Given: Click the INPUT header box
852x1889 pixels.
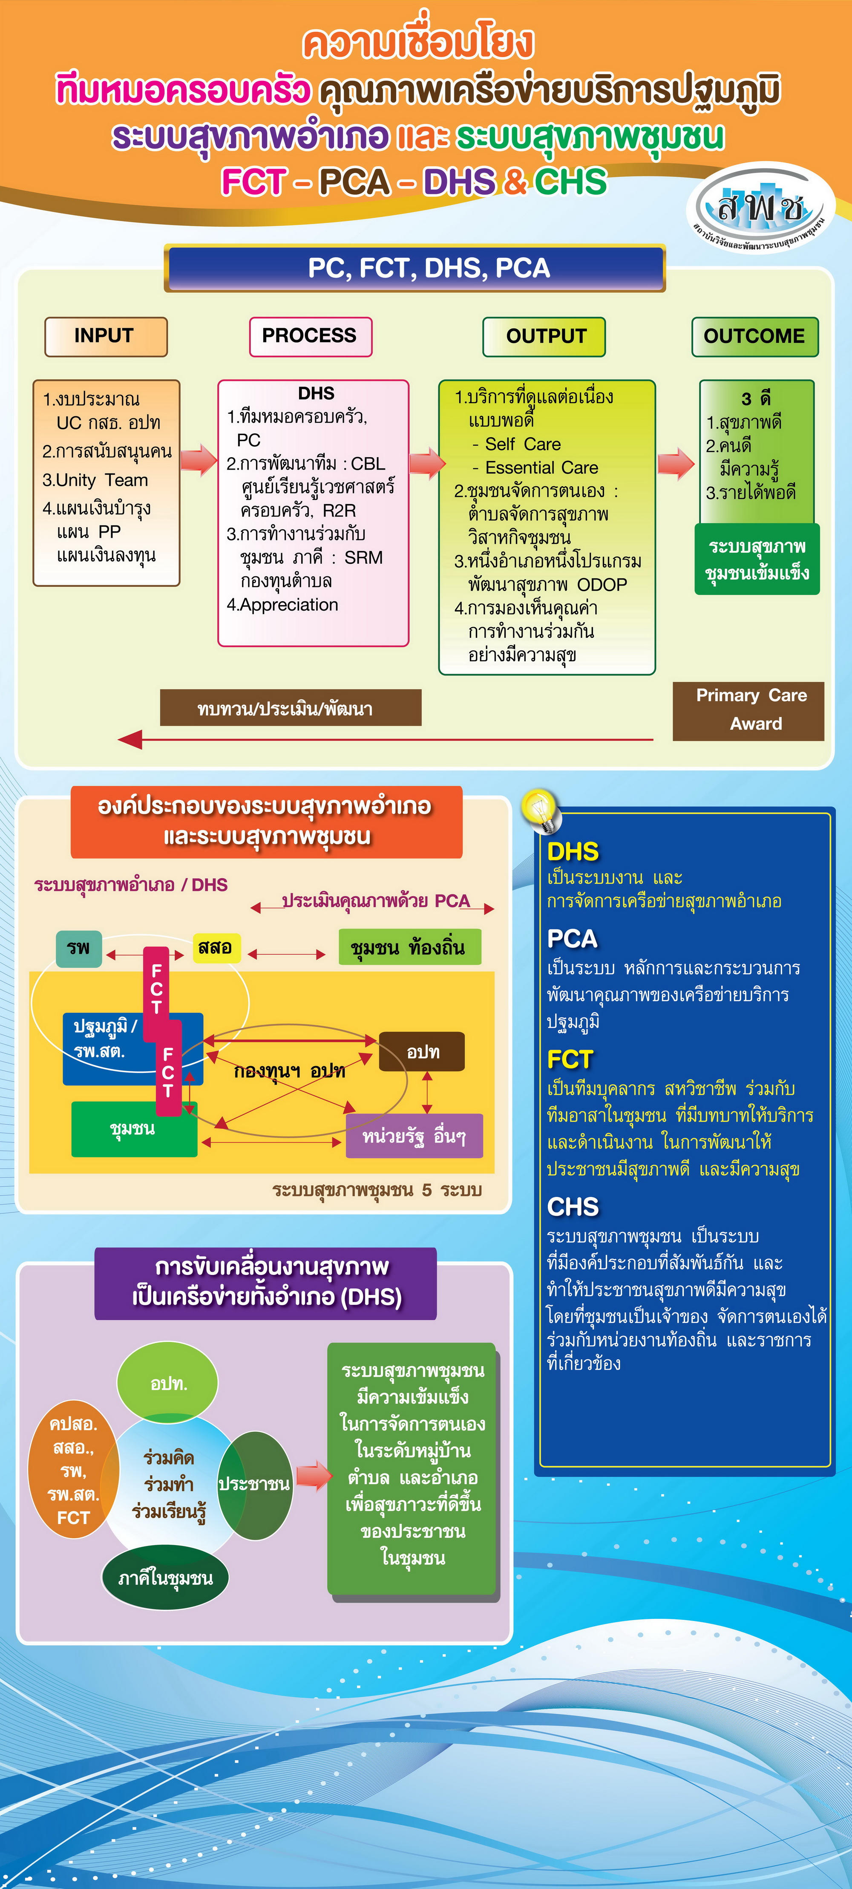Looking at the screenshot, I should pyautogui.click(x=106, y=337).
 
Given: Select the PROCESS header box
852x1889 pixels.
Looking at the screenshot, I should pyautogui.click(x=310, y=337).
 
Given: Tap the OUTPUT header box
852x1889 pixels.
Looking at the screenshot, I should pyautogui.click(x=544, y=337).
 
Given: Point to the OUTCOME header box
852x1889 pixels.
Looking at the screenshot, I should pyautogui.click(x=754, y=337).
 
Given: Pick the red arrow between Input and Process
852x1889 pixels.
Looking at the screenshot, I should pyautogui.click(x=198, y=460).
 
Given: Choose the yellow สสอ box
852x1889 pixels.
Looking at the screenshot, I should pyautogui.click(x=216, y=947).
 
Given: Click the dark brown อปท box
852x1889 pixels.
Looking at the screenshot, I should pyautogui.click(x=422, y=1052).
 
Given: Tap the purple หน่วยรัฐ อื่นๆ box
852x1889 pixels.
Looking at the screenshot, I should pyautogui.click(x=414, y=1136).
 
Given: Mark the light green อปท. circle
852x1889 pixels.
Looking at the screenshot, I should pyautogui.click(x=168, y=1383).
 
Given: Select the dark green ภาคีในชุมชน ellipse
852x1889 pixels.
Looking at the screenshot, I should pyautogui.click(x=165, y=1577).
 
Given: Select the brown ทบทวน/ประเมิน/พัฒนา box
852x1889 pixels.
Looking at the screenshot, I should pyautogui.click(x=291, y=708).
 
